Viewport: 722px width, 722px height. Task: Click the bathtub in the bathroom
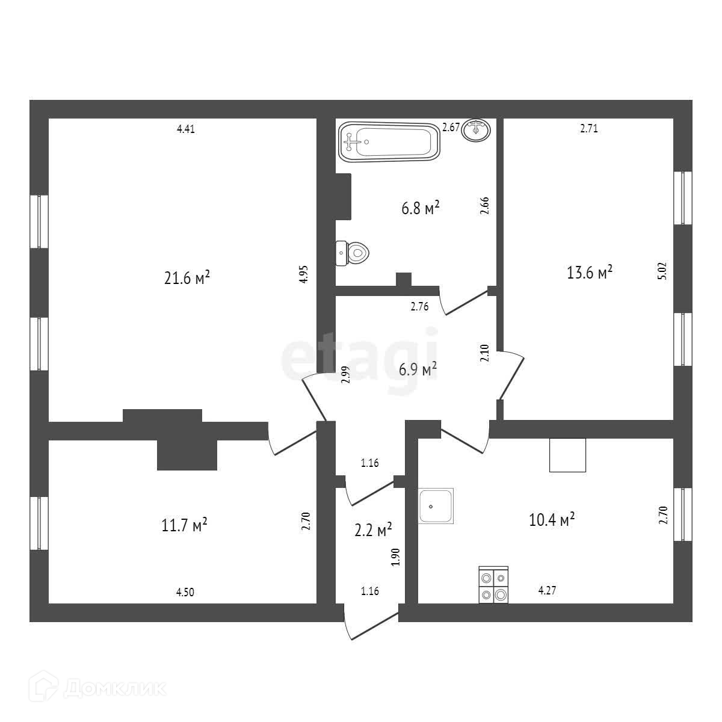(x=388, y=142)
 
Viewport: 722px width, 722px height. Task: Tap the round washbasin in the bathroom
(x=476, y=129)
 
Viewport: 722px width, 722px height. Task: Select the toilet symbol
(x=352, y=253)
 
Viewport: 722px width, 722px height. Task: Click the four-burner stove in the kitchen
(x=493, y=585)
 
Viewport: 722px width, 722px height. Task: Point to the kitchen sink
(x=436, y=505)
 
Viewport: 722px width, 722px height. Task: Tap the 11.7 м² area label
(x=185, y=525)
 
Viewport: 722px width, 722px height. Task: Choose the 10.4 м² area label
(x=552, y=519)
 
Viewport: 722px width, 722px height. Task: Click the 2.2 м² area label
(x=373, y=530)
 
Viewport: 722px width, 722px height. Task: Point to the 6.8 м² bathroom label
(x=421, y=209)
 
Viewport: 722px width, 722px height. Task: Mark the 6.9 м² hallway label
(x=418, y=370)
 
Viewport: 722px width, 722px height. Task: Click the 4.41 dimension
(x=186, y=128)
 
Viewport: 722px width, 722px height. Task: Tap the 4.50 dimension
(x=185, y=592)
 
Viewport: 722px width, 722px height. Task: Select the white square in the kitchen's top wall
(x=567, y=455)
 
